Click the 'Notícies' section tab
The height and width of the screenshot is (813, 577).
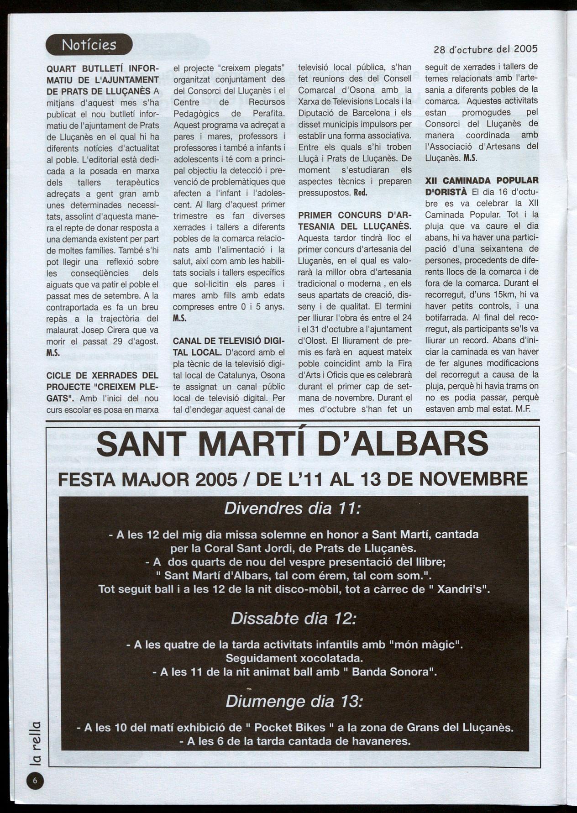(x=89, y=45)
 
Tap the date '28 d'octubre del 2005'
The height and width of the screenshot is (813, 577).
(x=485, y=48)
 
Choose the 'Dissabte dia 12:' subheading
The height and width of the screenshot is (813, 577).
(x=292, y=619)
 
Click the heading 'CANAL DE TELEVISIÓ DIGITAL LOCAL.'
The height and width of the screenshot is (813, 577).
(x=229, y=346)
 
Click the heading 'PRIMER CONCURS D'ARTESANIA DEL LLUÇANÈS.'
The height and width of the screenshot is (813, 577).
(x=355, y=220)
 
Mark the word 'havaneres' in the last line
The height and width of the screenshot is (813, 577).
(x=378, y=740)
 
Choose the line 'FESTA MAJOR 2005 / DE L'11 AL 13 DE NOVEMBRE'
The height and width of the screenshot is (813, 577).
(x=292, y=479)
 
